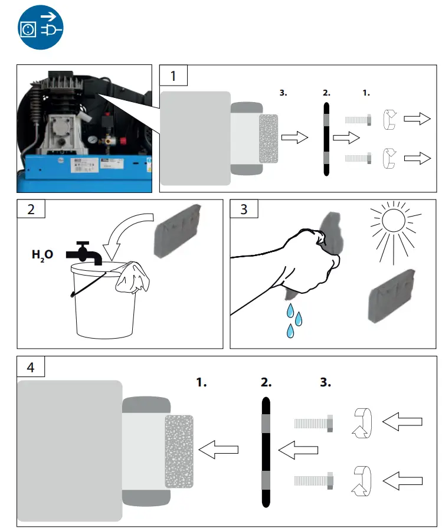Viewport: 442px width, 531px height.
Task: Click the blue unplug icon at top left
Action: [40, 27]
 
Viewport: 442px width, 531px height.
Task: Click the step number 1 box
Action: [173, 76]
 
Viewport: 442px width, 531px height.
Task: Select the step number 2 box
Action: [31, 209]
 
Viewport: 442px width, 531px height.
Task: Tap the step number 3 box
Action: [244, 209]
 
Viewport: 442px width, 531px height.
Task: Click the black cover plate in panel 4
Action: [266, 451]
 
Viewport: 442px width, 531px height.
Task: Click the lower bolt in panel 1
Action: [358, 158]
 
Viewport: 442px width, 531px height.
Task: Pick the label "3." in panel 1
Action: [283, 93]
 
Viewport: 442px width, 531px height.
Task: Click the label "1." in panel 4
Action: [202, 382]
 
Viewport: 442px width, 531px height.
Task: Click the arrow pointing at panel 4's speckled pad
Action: [218, 451]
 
